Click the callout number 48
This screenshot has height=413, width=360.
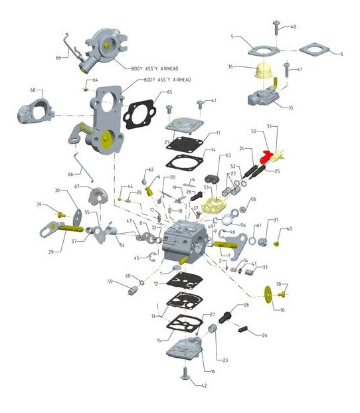coord(293,27)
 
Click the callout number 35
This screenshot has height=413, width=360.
coord(290,107)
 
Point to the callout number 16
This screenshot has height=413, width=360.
coord(213,371)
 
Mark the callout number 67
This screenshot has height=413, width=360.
coord(77,187)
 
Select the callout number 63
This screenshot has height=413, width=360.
coord(228,155)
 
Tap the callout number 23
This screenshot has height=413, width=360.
coord(225,360)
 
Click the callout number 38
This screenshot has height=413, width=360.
coord(278,284)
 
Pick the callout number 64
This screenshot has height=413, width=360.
coord(95,80)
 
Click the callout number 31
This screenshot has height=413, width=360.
coord(276,220)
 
